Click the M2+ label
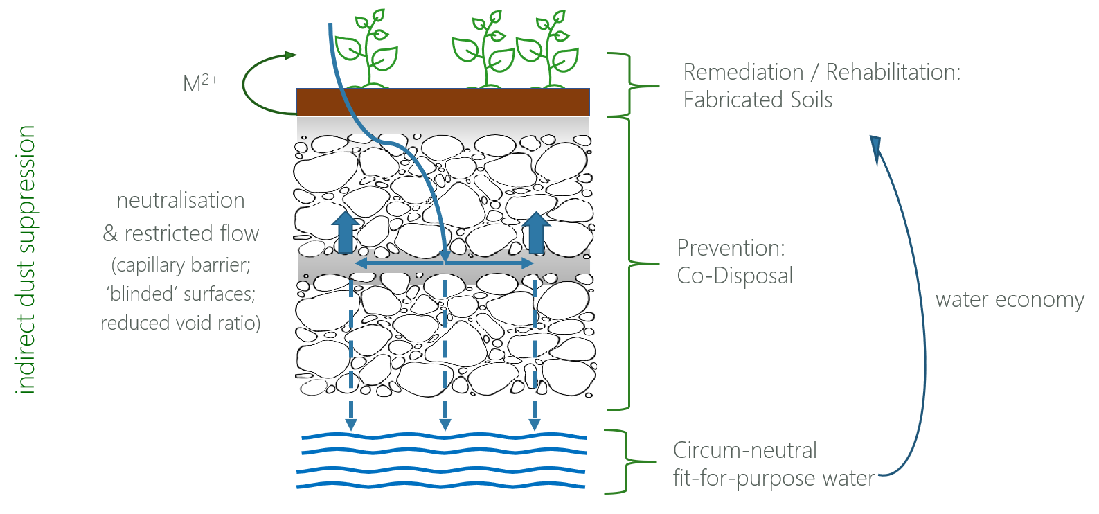[199, 83]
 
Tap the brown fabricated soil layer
[443, 103]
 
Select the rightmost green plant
[551, 50]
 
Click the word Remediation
[743, 72]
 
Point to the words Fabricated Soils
[758, 100]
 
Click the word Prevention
[731, 248]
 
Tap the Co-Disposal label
[735, 276]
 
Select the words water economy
[1010, 300]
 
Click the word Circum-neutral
[744, 450]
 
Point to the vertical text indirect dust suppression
[26, 260]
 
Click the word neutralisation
[181, 201]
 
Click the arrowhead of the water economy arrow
[876, 146]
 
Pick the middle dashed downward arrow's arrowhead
[445, 424]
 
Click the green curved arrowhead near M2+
[290, 55]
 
